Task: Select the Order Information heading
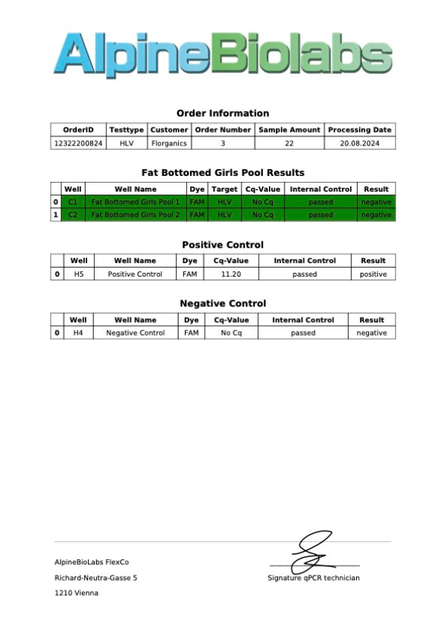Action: [x=223, y=113]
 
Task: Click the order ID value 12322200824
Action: [x=78, y=142]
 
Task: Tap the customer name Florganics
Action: [x=169, y=142]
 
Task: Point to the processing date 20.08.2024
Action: [x=360, y=142]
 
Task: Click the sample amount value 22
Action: [x=289, y=142]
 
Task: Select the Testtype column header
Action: [x=126, y=130]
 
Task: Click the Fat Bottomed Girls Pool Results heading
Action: [x=223, y=173]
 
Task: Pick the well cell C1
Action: [x=73, y=202]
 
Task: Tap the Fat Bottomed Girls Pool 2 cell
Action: [x=135, y=215]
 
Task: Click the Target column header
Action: [x=224, y=189]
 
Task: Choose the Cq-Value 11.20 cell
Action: [x=231, y=274]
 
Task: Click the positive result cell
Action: [x=373, y=274]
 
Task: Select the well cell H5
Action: [x=78, y=274]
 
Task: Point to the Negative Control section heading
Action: [x=223, y=304]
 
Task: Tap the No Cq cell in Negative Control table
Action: [x=231, y=333]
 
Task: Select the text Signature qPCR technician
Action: [x=314, y=579]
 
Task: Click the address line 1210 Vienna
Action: [x=76, y=593]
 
